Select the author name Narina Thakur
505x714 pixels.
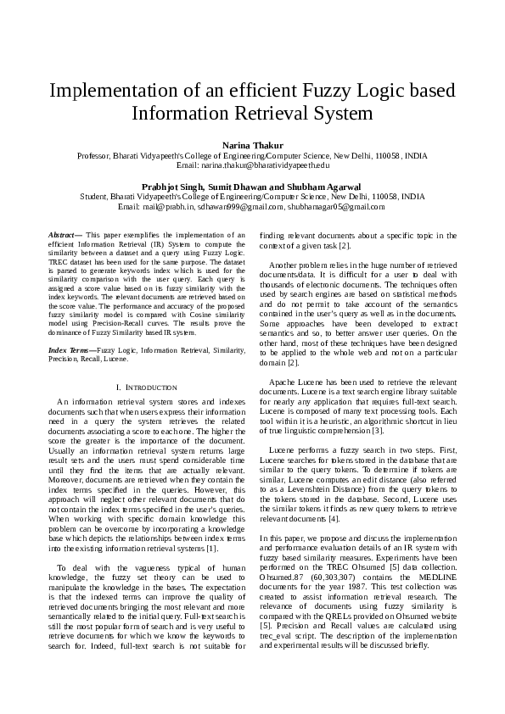252,146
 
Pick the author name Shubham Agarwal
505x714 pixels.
325,186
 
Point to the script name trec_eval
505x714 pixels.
279,635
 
